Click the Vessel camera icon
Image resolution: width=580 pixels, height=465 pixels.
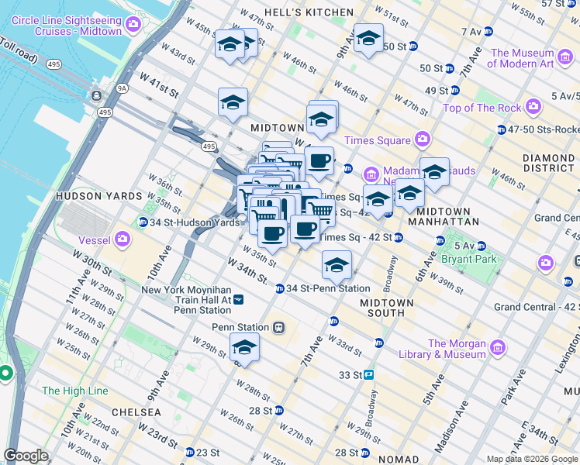[x=123, y=239]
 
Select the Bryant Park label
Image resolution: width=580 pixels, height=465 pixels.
[x=469, y=259]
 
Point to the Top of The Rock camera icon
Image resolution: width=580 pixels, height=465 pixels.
[x=533, y=107]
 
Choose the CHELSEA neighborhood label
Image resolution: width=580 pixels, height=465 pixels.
[x=136, y=412]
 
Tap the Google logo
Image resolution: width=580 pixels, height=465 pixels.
[x=26, y=456]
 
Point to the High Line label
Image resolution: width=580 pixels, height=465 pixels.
[x=75, y=391]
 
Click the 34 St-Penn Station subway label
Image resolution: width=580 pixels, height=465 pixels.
[x=328, y=288]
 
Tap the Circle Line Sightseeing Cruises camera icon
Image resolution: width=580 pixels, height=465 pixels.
[x=133, y=25]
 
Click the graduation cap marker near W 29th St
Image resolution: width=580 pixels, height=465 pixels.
[x=244, y=348]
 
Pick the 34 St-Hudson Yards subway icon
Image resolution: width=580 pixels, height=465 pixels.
[x=143, y=222]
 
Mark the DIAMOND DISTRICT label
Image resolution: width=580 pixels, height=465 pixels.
[x=548, y=162]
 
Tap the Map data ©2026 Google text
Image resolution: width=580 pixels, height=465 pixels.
[x=532, y=459]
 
